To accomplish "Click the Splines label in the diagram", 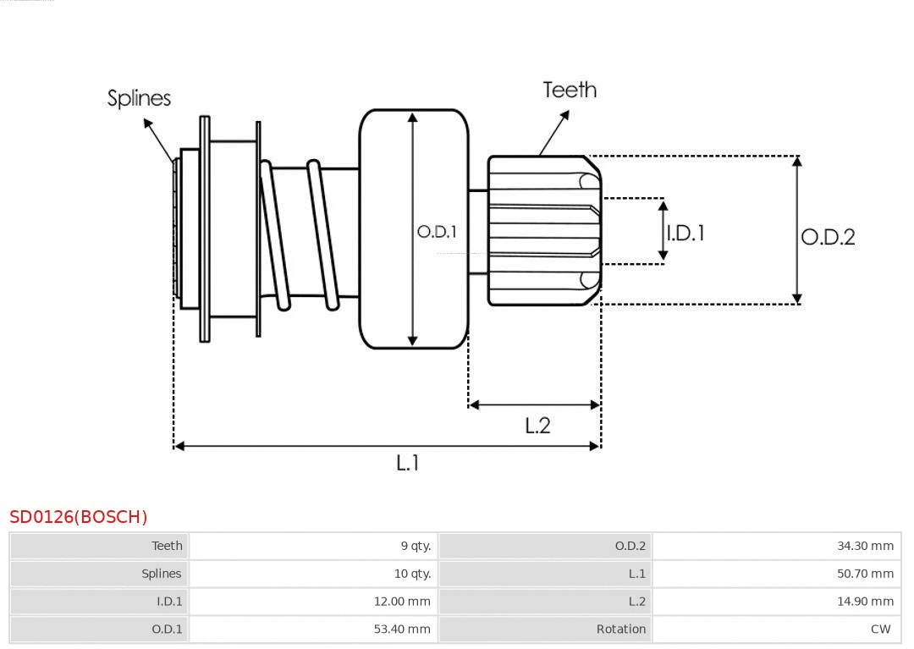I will click(139, 98).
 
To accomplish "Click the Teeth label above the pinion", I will click(570, 90).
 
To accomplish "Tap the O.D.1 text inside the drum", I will click(437, 231).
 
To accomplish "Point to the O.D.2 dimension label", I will click(828, 237).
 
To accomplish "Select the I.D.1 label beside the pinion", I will click(685, 233).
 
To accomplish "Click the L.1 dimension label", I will click(408, 463).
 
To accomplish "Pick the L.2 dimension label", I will click(537, 426).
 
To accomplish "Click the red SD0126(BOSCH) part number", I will click(78, 517).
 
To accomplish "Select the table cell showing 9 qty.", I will click(416, 546).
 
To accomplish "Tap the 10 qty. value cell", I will click(412, 574).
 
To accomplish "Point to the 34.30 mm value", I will click(865, 546).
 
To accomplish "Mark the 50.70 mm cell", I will click(865, 574).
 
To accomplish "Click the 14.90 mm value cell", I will click(865, 602).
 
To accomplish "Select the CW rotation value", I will click(880, 630).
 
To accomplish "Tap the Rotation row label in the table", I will click(620, 630).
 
